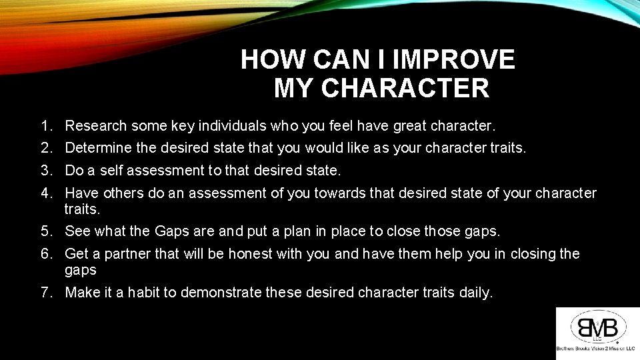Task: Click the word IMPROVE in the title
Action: click(454, 60)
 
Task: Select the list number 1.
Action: click(46, 125)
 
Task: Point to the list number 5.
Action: click(46, 231)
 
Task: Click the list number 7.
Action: click(46, 292)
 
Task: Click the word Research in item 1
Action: click(96, 125)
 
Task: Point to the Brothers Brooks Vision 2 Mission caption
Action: click(596, 349)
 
